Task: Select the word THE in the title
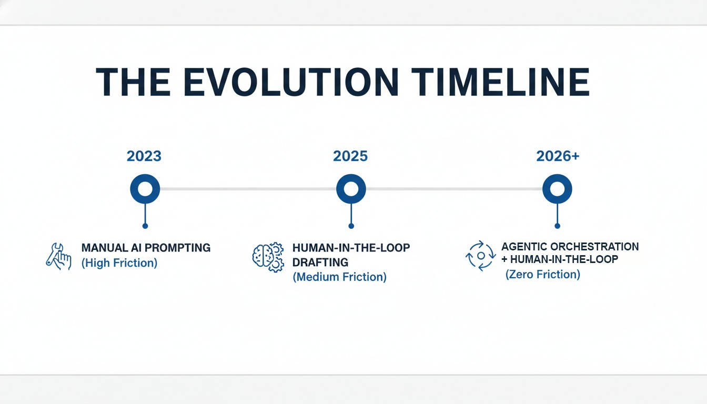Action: click(x=133, y=83)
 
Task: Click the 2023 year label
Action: click(x=144, y=156)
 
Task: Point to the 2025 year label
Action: click(x=350, y=156)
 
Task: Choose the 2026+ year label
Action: click(x=558, y=156)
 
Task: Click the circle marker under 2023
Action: click(x=145, y=188)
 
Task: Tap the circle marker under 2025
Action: click(x=351, y=188)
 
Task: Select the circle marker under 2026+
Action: click(x=557, y=188)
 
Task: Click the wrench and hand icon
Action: click(x=58, y=256)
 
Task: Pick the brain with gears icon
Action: click(x=268, y=257)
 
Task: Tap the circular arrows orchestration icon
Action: click(x=480, y=256)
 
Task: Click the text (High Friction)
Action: click(x=119, y=263)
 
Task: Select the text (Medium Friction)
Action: click(x=339, y=277)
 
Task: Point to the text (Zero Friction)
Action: click(x=542, y=274)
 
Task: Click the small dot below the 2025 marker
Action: click(x=351, y=226)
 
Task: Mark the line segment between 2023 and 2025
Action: click(x=247, y=188)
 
